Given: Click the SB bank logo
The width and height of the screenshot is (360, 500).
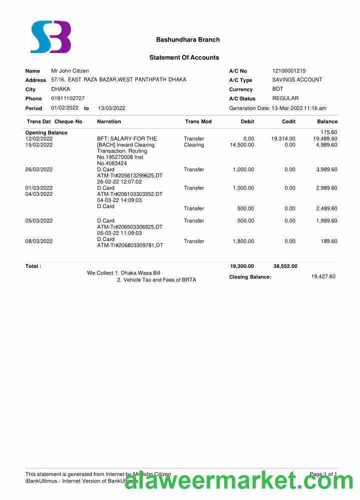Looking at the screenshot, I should (x=50, y=37).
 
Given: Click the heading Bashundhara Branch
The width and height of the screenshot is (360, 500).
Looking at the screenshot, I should (x=187, y=39).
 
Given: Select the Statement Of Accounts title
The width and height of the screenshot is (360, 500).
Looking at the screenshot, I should (x=184, y=57).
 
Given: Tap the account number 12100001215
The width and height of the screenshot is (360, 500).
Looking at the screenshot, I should (x=288, y=71).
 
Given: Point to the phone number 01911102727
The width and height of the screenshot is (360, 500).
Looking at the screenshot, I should (x=67, y=98).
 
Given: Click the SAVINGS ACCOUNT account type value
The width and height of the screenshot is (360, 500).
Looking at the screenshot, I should (x=297, y=80).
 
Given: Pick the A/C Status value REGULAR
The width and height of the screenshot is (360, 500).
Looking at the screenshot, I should (x=285, y=98).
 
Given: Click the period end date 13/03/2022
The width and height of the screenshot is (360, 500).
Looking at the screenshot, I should (x=111, y=108).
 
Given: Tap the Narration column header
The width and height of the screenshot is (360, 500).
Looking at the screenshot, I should (x=109, y=121).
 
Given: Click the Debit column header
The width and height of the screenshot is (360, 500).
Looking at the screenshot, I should (x=247, y=121).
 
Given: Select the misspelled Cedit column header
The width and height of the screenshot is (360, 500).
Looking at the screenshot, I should (x=288, y=121).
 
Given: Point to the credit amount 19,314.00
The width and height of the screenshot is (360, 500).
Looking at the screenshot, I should (x=283, y=138).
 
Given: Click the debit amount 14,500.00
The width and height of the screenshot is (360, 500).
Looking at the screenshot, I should (x=242, y=145).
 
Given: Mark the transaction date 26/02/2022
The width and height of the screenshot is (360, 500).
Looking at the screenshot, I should (x=39, y=169).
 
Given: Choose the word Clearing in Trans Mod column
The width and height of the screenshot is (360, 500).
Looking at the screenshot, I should (x=194, y=145).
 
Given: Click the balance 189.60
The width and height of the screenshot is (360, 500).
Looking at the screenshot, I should (x=329, y=241).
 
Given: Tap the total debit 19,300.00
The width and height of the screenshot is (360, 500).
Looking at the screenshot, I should (x=242, y=266).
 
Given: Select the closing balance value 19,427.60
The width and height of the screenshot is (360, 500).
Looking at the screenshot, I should (x=323, y=276).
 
